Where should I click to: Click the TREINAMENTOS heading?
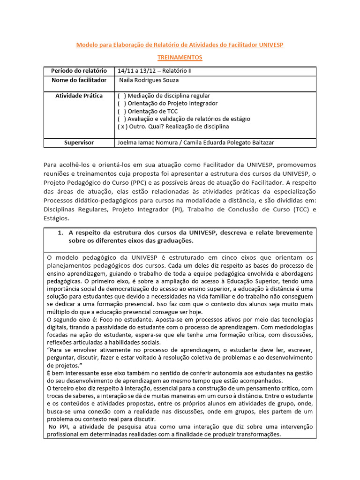(x=180, y=57)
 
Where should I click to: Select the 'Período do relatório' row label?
(x=79, y=71)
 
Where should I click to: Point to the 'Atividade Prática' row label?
(x=79, y=96)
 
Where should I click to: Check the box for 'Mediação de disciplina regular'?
(x=121, y=96)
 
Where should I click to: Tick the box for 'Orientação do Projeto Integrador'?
(x=121, y=103)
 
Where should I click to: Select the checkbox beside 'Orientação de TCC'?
(x=121, y=111)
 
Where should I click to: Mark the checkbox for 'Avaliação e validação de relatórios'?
(x=121, y=119)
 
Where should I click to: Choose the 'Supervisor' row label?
(x=79, y=142)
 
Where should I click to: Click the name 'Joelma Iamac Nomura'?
(x=148, y=142)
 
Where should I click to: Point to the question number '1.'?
(x=60, y=233)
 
